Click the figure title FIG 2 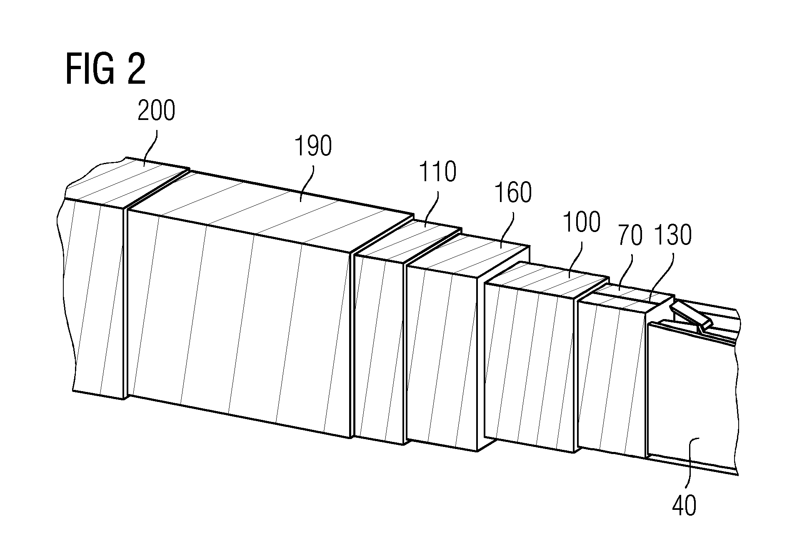105,70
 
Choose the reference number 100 581,222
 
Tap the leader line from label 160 507,229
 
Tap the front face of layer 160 442,358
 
